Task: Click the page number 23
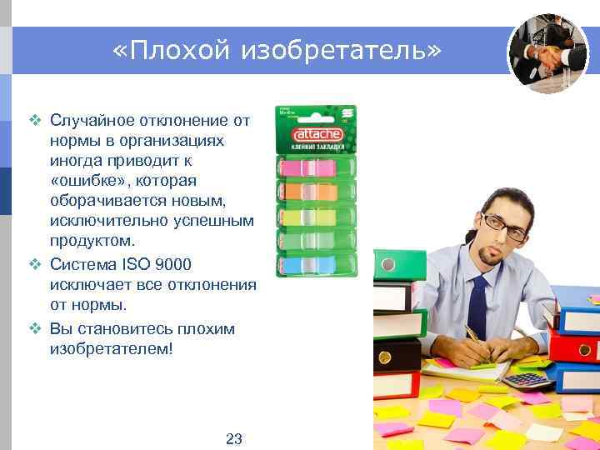point(233,438)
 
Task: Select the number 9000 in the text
point(172,264)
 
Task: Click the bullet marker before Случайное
point(35,120)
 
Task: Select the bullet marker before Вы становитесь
point(35,328)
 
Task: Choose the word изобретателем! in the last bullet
point(112,348)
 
